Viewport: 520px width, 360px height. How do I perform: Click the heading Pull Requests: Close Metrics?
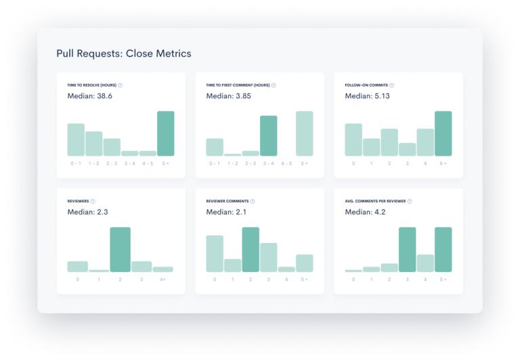(123, 53)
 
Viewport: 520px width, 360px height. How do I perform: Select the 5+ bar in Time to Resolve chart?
(166, 134)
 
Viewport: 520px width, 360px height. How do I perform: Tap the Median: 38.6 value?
(89, 97)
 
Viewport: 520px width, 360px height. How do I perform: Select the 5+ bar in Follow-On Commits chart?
(443, 134)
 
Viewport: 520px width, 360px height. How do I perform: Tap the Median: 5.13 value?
(367, 97)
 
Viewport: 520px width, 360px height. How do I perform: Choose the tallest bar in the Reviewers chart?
(120, 250)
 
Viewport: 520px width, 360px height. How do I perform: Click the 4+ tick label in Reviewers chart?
(162, 279)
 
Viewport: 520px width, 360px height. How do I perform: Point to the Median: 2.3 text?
(87, 212)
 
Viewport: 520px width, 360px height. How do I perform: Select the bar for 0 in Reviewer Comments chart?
(215, 254)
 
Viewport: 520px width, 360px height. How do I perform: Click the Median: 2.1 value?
(226, 212)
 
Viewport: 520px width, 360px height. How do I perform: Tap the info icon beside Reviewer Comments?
(253, 201)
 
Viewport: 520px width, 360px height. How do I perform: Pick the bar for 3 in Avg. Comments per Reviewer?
(407, 250)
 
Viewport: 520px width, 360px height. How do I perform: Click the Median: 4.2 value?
(365, 212)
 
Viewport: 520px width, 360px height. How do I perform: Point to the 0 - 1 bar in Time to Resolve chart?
(76, 140)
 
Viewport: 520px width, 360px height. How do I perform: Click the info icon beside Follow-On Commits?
(391, 85)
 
